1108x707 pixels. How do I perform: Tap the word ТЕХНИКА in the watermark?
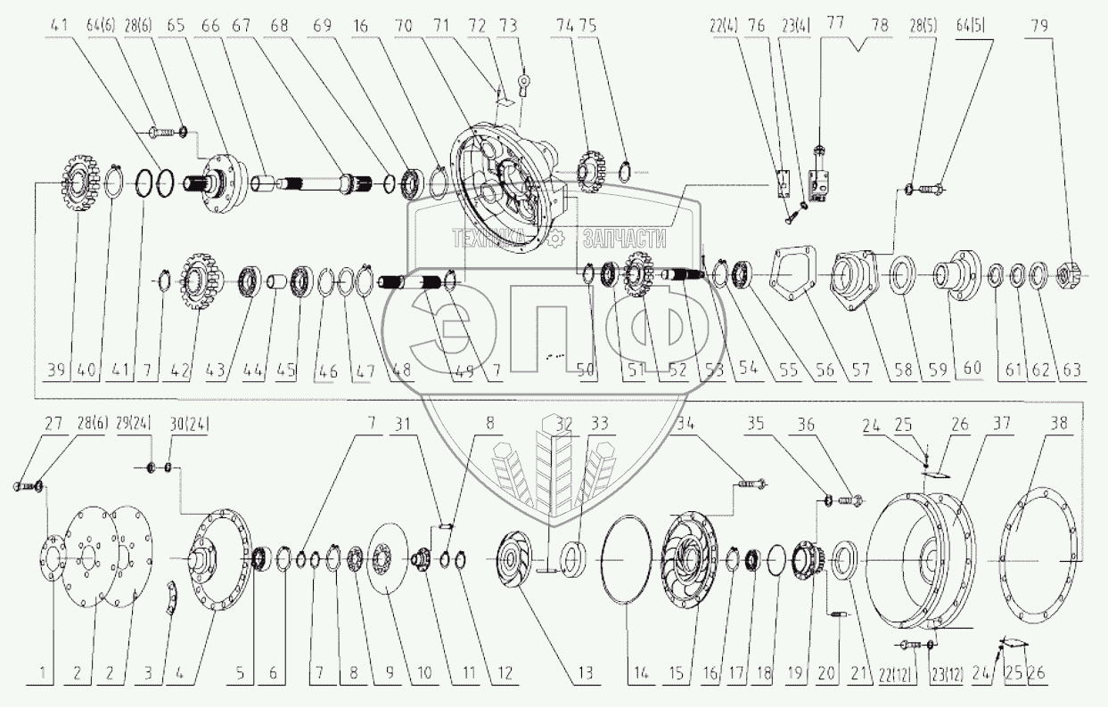tap(495, 238)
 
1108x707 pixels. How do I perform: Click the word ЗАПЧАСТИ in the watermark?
tap(624, 238)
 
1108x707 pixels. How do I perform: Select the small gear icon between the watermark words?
tap(554, 238)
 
